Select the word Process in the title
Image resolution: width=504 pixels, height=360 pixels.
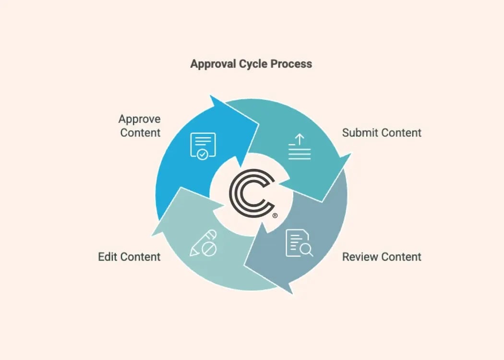point(291,64)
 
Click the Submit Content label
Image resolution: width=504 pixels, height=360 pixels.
point(382,133)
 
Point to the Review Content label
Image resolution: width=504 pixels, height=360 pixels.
point(382,257)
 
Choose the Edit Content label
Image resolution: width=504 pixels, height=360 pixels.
point(129,257)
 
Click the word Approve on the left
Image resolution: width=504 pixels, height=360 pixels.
point(140,119)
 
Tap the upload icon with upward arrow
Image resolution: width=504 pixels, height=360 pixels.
point(300,147)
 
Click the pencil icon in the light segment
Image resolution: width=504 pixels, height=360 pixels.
point(198,242)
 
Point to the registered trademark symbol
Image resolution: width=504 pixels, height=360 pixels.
point(275,216)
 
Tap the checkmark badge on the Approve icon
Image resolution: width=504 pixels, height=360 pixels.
point(203,154)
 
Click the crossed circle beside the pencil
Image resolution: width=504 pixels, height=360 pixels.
point(210,250)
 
